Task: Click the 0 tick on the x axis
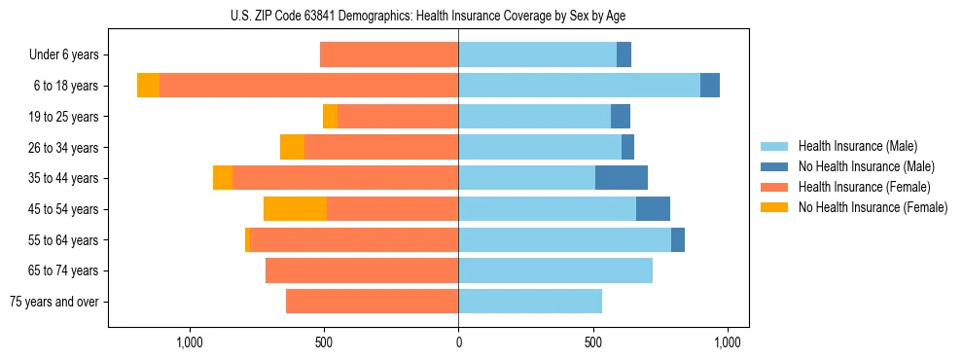[x=458, y=342]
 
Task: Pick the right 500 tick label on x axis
[x=593, y=342]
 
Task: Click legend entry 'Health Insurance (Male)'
[x=856, y=146]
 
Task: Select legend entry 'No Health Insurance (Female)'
[x=873, y=207]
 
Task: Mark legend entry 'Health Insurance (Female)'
[x=863, y=187]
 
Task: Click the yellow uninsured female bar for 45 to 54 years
[x=295, y=209]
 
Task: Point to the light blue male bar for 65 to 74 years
[x=555, y=270]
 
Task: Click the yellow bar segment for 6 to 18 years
[x=148, y=86]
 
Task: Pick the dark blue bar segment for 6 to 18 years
[x=710, y=86]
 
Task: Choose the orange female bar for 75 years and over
[x=372, y=302]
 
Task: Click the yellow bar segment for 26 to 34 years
[x=292, y=147]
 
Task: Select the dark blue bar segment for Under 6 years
[x=624, y=55]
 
